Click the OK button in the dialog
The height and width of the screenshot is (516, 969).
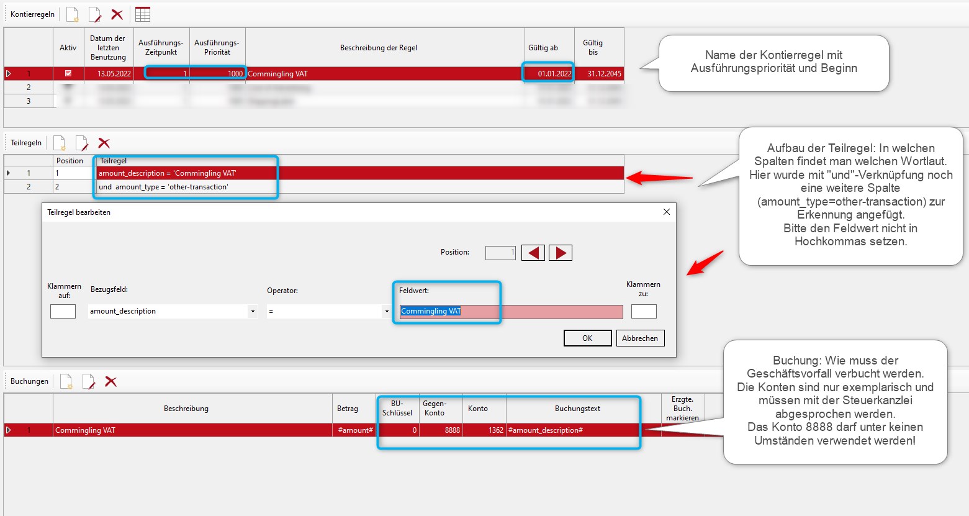587,338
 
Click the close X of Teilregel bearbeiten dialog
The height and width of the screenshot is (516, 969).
666,212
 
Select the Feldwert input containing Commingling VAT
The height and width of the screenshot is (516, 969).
510,311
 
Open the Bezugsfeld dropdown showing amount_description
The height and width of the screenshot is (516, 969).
252,311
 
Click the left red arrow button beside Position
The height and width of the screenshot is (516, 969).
533,253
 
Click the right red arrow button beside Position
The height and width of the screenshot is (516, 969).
560,253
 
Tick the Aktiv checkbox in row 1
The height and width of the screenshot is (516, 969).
68,73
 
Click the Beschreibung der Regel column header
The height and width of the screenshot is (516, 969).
378,48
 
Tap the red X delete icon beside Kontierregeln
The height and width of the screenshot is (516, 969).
117,14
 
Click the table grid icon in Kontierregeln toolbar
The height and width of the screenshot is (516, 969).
143,14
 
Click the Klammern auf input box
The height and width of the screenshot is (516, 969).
63,311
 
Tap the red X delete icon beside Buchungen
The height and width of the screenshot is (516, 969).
110,381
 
